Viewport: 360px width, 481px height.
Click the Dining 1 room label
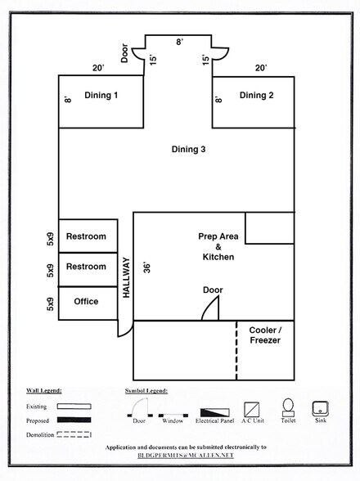tap(101, 96)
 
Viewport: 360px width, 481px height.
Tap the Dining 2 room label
tap(256, 96)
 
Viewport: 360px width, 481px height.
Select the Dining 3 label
tap(188, 150)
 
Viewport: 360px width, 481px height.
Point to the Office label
tap(86, 301)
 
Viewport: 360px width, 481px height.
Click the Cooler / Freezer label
tap(265, 335)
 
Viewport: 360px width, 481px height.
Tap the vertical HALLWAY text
tap(127, 277)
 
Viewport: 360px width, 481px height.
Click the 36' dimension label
tap(147, 267)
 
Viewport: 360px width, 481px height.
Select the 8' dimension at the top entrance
tap(179, 42)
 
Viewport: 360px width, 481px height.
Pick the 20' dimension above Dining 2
tap(260, 68)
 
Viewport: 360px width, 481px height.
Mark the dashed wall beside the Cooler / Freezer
tap(236, 351)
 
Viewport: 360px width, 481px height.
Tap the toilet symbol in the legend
tap(288, 408)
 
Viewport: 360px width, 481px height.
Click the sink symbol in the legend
tap(320, 409)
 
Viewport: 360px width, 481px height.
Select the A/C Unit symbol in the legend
tap(252, 410)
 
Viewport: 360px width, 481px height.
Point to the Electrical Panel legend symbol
tap(214, 412)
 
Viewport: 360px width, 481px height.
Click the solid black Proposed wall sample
tap(74, 420)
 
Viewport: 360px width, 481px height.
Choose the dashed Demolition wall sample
tap(74, 434)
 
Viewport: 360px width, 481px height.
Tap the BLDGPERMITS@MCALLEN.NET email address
tap(186, 455)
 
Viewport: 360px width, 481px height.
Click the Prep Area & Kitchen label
tap(218, 247)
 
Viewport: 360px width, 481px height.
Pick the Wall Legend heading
tap(44, 391)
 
